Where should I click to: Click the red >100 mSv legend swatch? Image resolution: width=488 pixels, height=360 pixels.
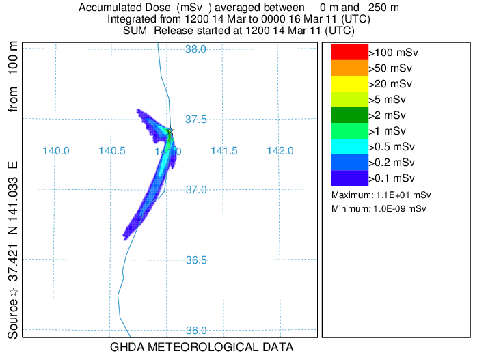tap(349, 52)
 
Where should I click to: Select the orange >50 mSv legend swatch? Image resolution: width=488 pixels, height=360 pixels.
tap(349, 68)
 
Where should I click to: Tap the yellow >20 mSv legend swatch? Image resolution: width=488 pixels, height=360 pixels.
tap(349, 83)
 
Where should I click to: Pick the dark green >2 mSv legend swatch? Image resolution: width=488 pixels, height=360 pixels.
tap(349, 115)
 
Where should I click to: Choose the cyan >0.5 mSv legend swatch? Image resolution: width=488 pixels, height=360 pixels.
tap(349, 146)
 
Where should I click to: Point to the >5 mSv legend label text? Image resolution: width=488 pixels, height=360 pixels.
tap(388, 99)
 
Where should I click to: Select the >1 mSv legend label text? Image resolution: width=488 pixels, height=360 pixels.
tap(388, 130)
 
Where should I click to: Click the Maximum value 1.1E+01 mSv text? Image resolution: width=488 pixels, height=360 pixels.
tap(381, 195)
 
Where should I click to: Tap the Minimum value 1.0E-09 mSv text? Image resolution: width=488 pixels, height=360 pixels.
tap(379, 208)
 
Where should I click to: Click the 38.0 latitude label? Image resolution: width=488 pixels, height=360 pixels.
tap(196, 49)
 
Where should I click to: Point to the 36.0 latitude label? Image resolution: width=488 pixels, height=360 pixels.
tap(196, 331)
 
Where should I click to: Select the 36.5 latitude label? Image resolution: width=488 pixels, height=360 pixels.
tap(196, 260)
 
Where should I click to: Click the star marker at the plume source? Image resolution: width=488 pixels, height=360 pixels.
tap(170, 130)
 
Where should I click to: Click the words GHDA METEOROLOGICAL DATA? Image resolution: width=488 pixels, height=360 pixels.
tap(202, 347)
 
